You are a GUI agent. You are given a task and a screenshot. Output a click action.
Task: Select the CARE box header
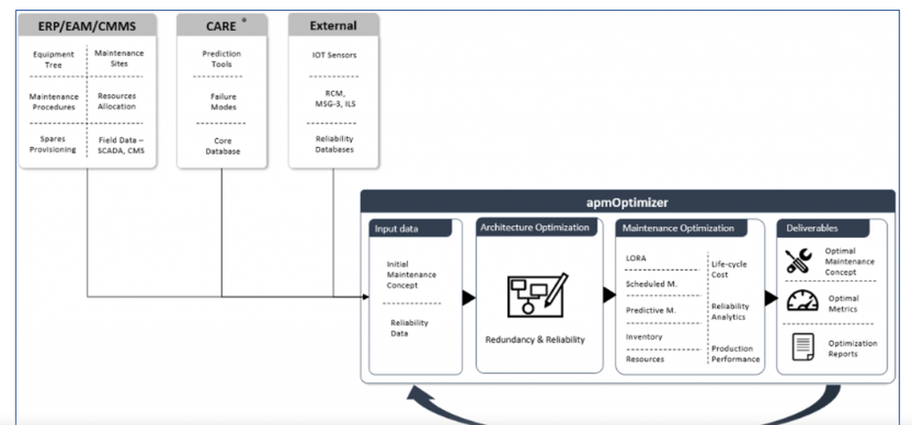[x=221, y=26]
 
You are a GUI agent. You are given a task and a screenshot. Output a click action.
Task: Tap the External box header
[x=333, y=26]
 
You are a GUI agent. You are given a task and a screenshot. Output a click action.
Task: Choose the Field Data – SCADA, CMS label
[x=121, y=144]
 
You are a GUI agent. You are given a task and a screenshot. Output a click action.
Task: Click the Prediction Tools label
[x=222, y=60]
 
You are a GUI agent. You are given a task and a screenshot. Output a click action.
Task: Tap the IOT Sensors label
[x=334, y=55]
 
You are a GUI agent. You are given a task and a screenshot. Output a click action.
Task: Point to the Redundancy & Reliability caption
[x=535, y=340]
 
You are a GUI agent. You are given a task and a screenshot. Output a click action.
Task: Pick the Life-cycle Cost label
[x=731, y=269]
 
